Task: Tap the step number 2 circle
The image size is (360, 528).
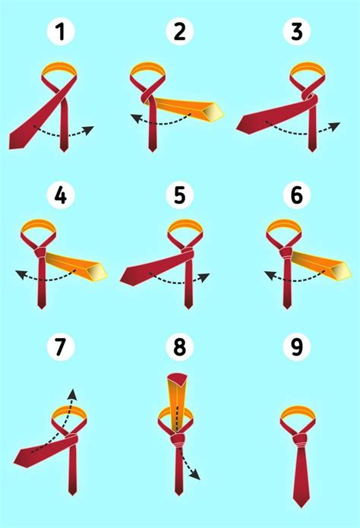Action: (x=179, y=33)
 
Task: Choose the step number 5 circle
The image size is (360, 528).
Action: (x=179, y=197)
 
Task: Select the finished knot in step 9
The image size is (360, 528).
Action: (x=297, y=439)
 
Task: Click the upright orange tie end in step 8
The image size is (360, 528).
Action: (x=176, y=403)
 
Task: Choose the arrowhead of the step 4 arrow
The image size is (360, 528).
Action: (x=20, y=274)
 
